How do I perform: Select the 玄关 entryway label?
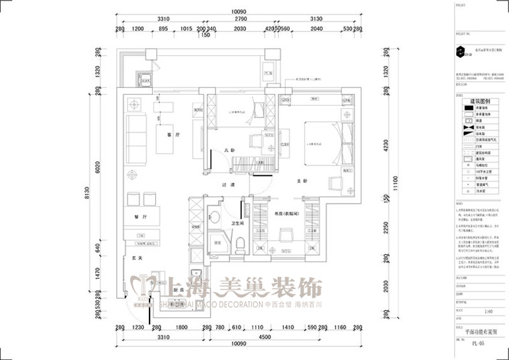pos(134,257)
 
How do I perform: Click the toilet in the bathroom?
pos(240,244)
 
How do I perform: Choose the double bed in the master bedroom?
pos(326,144)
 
